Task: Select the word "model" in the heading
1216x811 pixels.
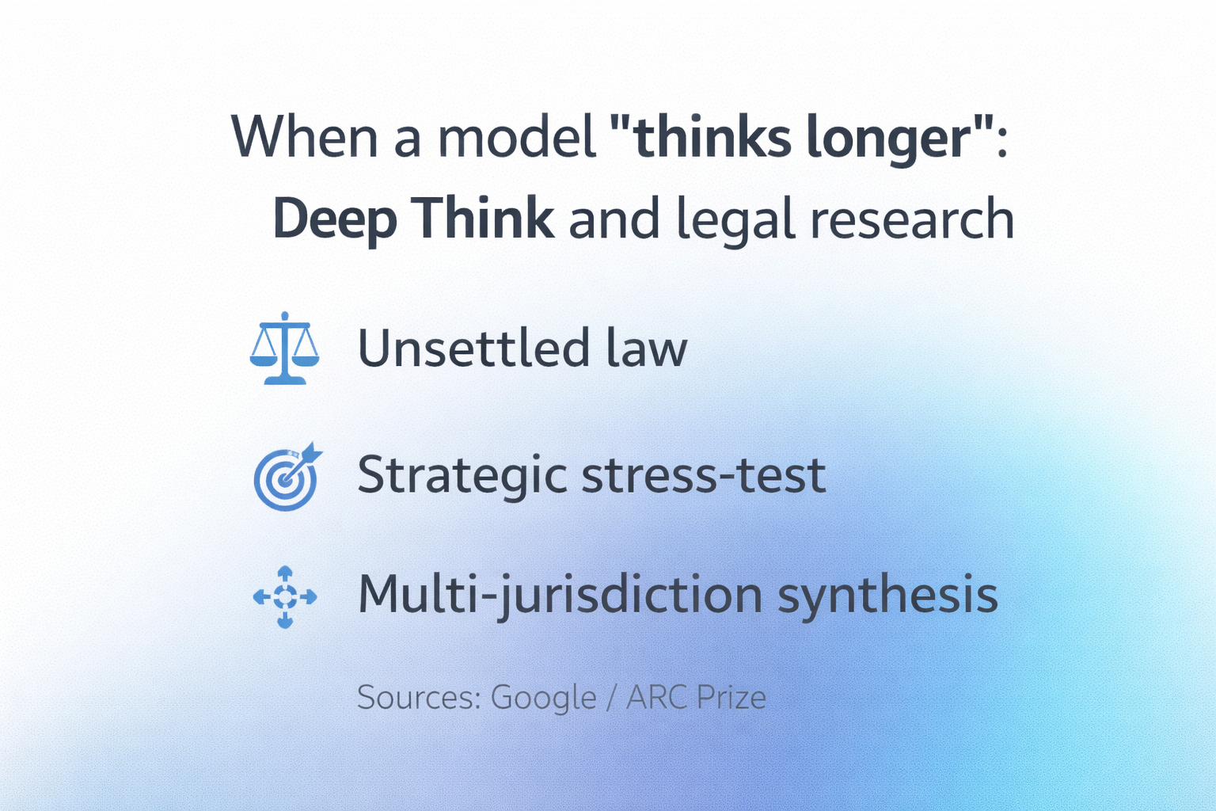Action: pyautogui.click(x=517, y=138)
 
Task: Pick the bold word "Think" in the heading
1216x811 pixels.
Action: pyautogui.click(x=482, y=219)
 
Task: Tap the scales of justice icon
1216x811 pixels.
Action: pyautogui.click(x=284, y=348)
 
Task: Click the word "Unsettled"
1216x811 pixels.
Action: pyautogui.click(x=473, y=348)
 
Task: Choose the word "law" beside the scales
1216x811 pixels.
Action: pyautogui.click(x=647, y=348)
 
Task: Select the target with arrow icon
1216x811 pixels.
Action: pyautogui.click(x=287, y=476)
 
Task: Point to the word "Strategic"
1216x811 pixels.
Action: pyautogui.click(x=462, y=476)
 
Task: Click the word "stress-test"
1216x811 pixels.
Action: pyautogui.click(x=704, y=476)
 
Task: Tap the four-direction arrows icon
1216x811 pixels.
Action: pyautogui.click(x=285, y=596)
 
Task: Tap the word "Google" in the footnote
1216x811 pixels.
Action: pyautogui.click(x=544, y=698)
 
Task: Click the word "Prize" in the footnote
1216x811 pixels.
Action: pyautogui.click(x=731, y=698)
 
